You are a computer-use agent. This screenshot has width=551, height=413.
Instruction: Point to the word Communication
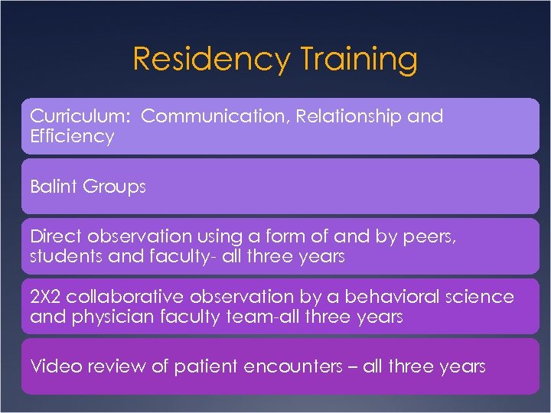[217, 116]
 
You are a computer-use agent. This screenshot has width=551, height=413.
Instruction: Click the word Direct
[53, 237]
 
